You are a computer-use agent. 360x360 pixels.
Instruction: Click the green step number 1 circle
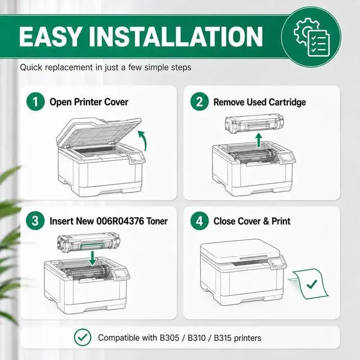pos(35,101)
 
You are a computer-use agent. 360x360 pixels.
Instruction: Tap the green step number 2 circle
pos(200,101)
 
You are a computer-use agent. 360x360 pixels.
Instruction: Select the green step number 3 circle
pos(35,220)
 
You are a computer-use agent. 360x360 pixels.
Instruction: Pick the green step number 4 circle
pos(200,220)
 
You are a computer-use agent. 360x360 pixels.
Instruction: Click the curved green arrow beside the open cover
pos(144,139)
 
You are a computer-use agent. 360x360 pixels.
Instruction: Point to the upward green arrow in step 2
pos(259,140)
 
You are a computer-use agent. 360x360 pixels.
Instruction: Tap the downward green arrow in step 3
pos(92,258)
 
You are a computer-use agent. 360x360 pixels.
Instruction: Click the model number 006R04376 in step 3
pos(120,221)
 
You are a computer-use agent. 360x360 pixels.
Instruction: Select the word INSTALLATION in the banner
pos(175,37)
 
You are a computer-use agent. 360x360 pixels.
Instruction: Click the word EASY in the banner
pos(50,37)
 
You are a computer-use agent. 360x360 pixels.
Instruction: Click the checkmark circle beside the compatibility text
pos(83,337)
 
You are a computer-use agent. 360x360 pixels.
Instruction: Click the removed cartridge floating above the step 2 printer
pos(254,124)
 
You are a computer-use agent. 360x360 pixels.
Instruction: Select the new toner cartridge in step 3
pos(89,242)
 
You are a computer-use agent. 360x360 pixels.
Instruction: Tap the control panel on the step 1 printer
pos(136,157)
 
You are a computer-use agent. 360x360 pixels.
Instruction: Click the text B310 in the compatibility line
pos(196,338)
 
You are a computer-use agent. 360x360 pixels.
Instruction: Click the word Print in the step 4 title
pos(281,221)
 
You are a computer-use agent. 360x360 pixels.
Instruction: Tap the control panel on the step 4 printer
pos(277,262)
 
